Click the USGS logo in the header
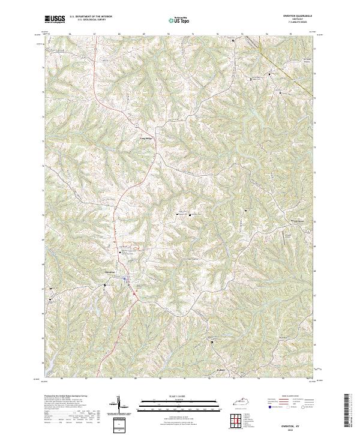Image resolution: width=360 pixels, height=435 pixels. [53, 20]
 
